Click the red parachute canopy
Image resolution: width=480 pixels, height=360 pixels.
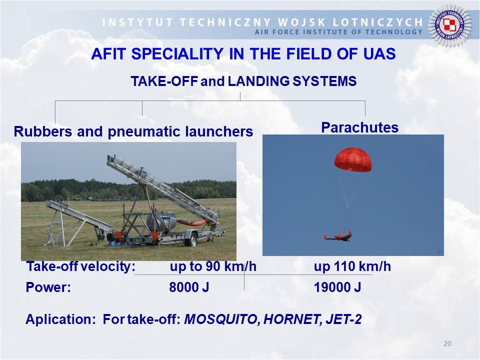tap(352, 159)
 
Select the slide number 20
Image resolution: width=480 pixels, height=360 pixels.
tap(447, 343)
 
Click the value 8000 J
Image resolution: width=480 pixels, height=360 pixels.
tap(189, 287)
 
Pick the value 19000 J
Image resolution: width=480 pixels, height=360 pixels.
tap(337, 287)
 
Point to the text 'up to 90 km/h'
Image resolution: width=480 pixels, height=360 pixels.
tap(213, 266)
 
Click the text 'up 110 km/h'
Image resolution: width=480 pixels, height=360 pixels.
tap(352, 266)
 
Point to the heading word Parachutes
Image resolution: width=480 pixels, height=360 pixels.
tap(359, 127)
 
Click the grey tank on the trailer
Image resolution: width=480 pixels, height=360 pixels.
tap(161, 220)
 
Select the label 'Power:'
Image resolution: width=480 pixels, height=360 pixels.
tap(48, 287)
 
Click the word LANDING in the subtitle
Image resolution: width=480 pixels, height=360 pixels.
tap(258, 81)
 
